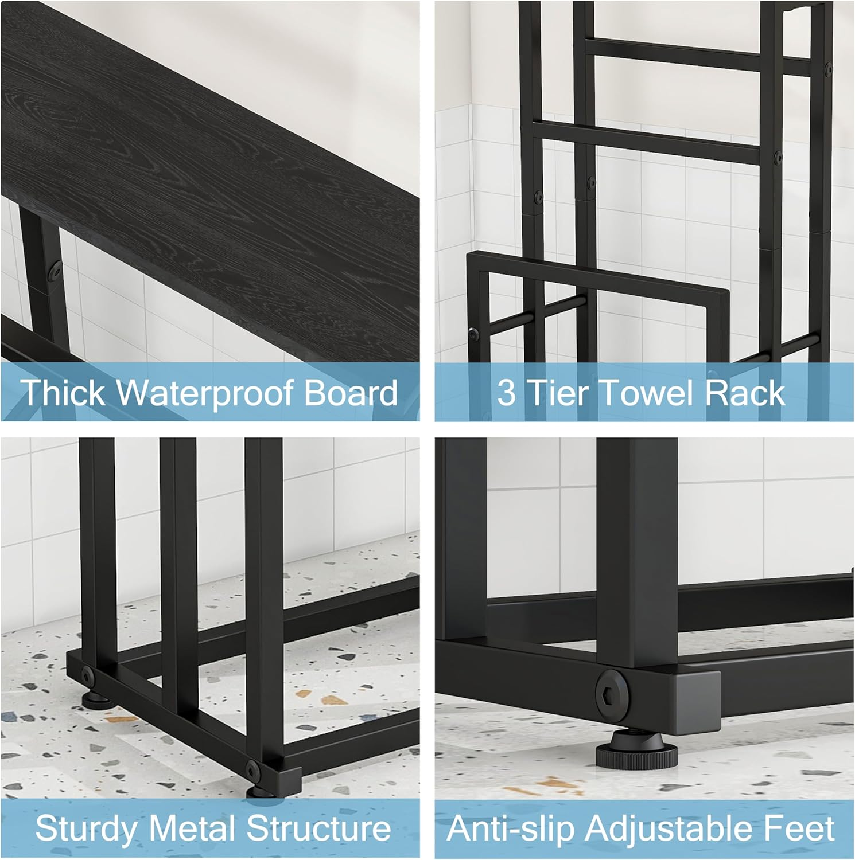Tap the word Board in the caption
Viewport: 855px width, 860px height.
pyautogui.click(x=351, y=393)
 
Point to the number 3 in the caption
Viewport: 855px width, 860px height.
pyautogui.click(x=506, y=393)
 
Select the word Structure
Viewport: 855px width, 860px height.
pyautogui.click(x=319, y=829)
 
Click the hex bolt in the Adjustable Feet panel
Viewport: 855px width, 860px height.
pyautogui.click(x=613, y=688)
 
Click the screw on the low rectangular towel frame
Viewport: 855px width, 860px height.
pyautogui.click(x=473, y=333)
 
